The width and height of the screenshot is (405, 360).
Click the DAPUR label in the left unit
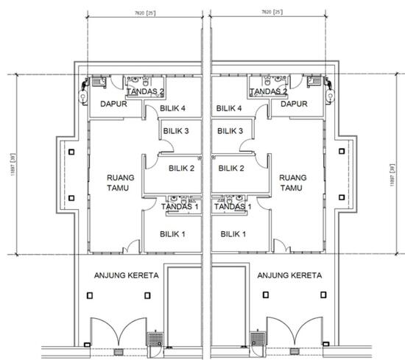pos(115,105)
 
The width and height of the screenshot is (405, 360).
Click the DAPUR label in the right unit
pos(295,105)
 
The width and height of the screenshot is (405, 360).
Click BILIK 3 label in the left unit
pos(177,131)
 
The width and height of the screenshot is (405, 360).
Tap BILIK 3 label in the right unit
pos(230,131)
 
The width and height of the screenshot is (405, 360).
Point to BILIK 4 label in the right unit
pos(230,108)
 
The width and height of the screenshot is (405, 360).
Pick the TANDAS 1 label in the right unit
pos(233,207)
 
